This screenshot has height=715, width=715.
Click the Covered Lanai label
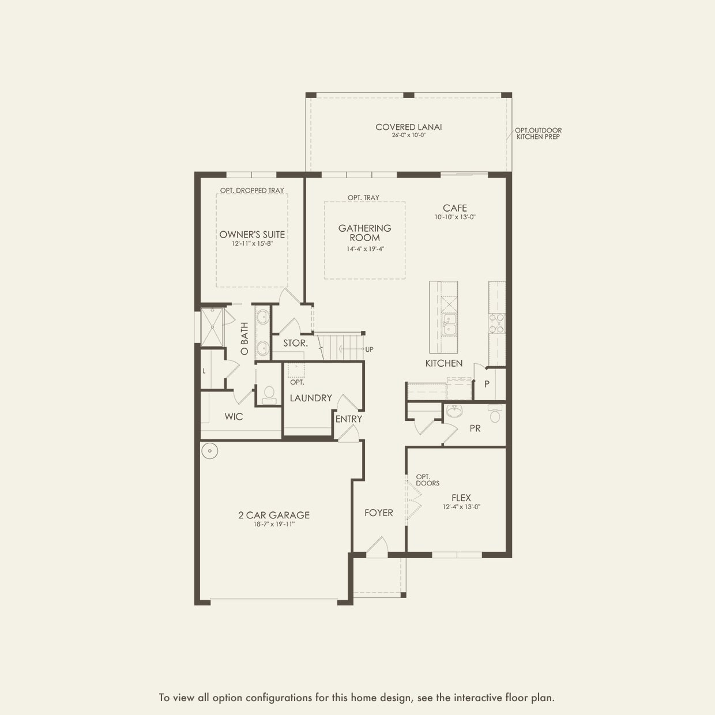click(408, 127)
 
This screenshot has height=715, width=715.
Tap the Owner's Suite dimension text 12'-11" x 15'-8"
click(253, 243)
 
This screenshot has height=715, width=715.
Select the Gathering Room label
click(365, 233)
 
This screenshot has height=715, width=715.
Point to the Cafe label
click(455, 208)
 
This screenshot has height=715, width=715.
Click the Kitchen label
click(444, 363)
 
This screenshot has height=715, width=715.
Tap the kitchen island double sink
click(449, 324)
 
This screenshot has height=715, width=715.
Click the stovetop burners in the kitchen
click(496, 323)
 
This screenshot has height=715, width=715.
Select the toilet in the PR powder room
click(495, 413)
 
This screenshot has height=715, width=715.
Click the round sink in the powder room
click(454, 411)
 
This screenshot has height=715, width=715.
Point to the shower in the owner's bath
click(212, 327)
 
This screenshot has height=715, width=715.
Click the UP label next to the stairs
click(369, 349)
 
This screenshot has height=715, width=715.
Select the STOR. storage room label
click(295, 343)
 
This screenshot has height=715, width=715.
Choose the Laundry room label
click(311, 398)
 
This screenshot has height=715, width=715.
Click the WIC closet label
click(234, 417)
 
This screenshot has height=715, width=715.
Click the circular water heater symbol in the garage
click(210, 451)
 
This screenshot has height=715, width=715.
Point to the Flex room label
click(461, 498)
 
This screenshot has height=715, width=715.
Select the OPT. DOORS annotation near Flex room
click(427, 480)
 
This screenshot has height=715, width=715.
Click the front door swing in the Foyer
click(378, 547)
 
